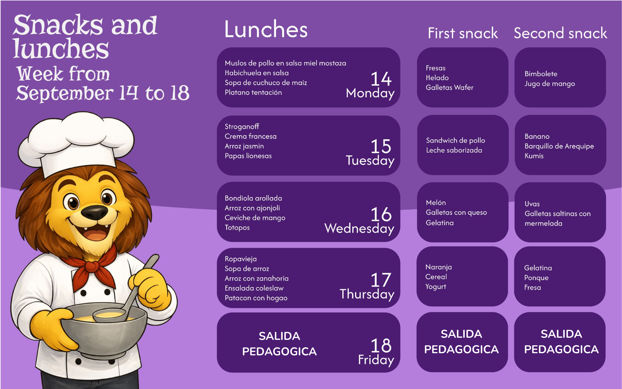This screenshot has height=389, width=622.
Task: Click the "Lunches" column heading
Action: [266, 29]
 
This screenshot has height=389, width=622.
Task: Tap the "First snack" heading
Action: [463, 33]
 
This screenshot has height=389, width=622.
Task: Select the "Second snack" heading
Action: [560, 33]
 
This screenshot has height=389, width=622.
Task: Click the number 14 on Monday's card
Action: [381, 79]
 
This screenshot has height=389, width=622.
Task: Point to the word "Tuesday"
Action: [370, 161]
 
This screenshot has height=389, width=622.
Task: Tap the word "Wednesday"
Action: [359, 228]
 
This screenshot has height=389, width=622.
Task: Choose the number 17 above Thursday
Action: [381, 280]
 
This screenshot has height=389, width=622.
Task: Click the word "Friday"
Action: [376, 360]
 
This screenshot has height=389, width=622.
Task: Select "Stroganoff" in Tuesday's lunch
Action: [242, 127]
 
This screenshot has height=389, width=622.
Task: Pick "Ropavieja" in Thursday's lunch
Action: [241, 259]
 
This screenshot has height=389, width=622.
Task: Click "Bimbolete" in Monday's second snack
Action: [541, 74]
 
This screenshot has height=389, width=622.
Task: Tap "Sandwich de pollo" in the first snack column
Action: [456, 140]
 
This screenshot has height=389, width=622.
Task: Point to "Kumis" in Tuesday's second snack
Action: [534, 156]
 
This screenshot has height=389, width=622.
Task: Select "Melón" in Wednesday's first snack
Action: [436, 202]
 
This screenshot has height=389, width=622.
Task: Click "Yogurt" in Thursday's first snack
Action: [436, 287]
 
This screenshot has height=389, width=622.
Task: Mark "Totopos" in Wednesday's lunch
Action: [237, 228]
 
